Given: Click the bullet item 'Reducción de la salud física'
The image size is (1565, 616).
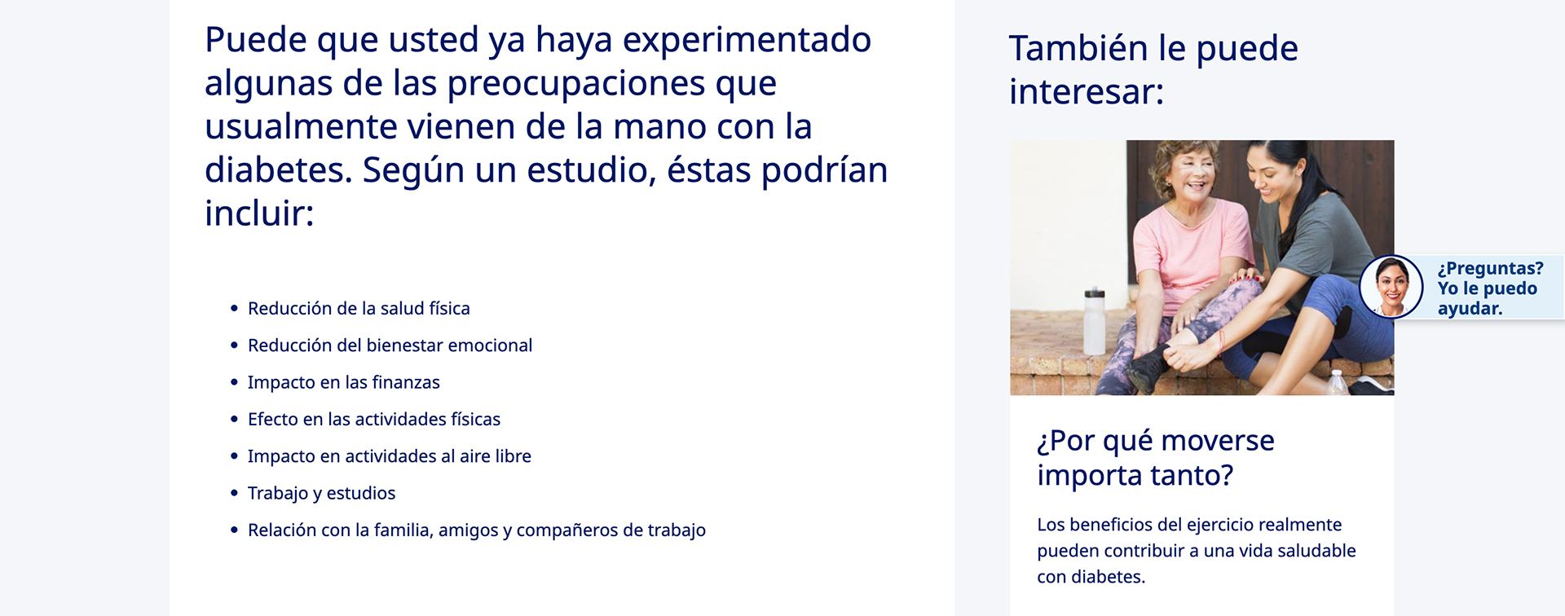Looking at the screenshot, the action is coord(359,309).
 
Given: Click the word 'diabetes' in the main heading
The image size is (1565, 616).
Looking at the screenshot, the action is coord(278,169).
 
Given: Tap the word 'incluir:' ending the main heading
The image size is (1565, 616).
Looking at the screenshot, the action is coord(259,213).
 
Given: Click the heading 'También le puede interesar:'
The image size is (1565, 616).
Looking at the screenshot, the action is coord(1153,70).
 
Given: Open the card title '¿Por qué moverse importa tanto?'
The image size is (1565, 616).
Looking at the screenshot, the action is coord(1156,457).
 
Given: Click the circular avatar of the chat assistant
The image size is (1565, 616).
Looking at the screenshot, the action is coord(1391,287).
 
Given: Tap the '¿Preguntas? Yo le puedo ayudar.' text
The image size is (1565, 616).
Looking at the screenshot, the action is coord(1490,288).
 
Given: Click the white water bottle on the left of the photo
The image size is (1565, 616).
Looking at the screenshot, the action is coord(1095,321).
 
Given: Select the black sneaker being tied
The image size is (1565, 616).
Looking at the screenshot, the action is coord(1148,367).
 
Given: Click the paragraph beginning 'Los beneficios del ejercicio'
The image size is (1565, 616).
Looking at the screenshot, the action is coord(1197,551).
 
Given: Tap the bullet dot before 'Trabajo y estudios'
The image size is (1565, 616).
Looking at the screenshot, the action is coord(234,493).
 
